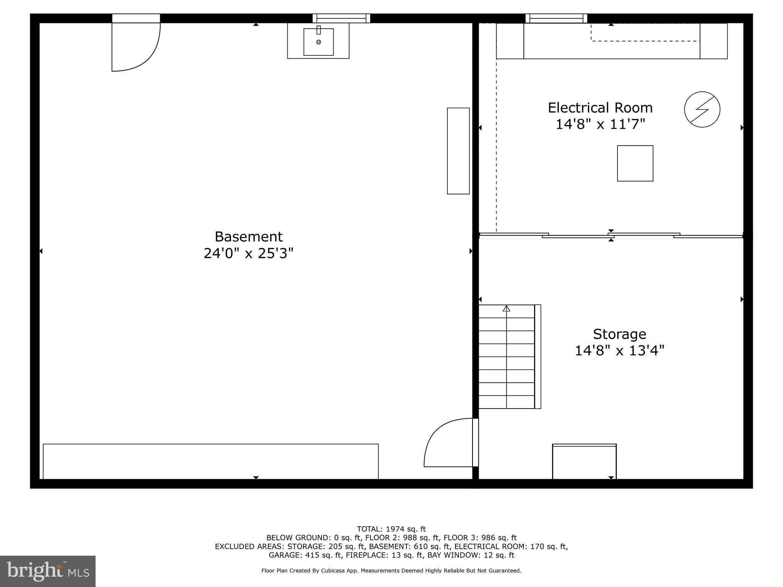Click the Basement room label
point(249,237)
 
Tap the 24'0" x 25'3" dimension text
point(249,253)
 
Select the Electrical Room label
point(600,108)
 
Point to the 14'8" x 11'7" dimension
point(600,124)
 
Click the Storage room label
point(619,334)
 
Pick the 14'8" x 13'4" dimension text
point(619,350)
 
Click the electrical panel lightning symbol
point(702,109)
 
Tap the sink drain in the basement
point(318,42)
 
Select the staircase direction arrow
point(507,309)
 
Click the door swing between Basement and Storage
point(447,443)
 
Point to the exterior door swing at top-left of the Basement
point(136,48)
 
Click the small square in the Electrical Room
point(635,163)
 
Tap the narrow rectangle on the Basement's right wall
point(458,151)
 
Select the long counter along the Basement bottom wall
point(211,461)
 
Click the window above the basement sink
point(341,18)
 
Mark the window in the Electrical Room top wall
point(556,18)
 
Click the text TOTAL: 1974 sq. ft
point(391,529)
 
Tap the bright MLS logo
point(48,571)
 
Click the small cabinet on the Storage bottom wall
point(584,461)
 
